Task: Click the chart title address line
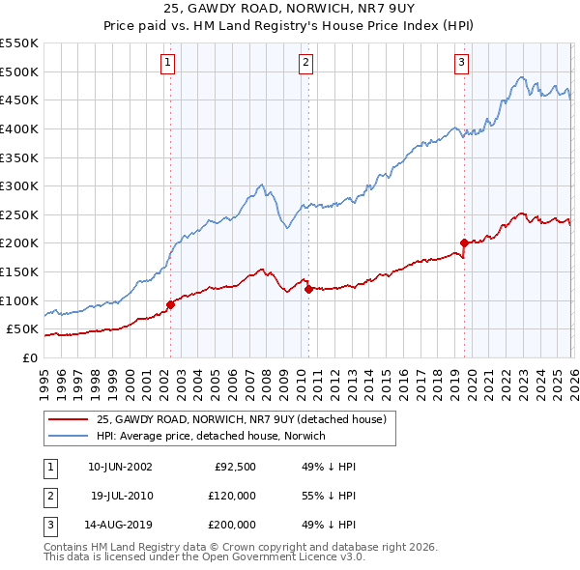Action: (x=289, y=11)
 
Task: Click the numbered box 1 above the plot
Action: (x=168, y=63)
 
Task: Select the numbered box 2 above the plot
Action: (x=305, y=63)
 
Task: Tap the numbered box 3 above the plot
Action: (x=461, y=63)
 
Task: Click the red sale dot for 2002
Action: (x=170, y=304)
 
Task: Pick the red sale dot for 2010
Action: (x=307, y=288)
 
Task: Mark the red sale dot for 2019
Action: (x=464, y=242)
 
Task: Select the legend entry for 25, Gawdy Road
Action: (x=241, y=419)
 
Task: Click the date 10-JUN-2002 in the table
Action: (x=120, y=466)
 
